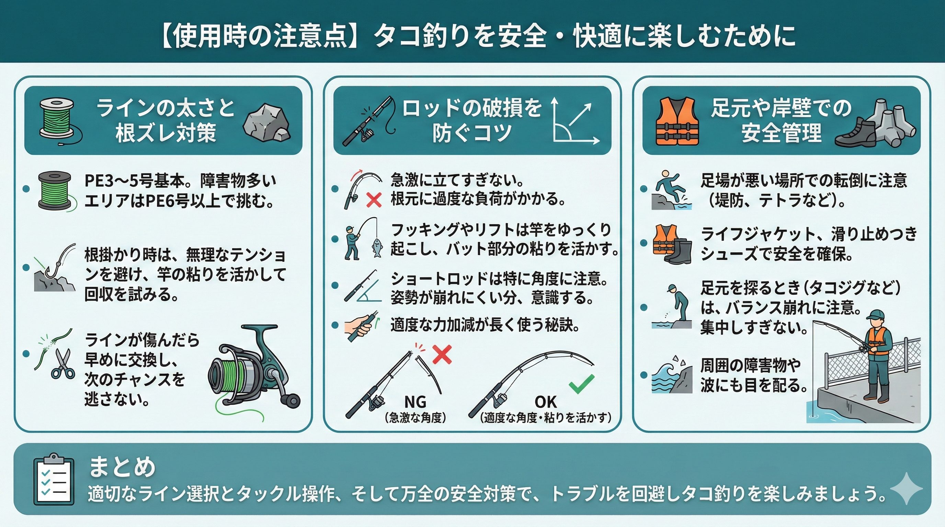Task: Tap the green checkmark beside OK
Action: (x=581, y=383)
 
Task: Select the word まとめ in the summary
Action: (x=123, y=467)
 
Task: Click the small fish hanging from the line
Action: (x=376, y=248)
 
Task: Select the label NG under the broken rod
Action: (x=415, y=402)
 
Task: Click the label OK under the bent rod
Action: (x=546, y=402)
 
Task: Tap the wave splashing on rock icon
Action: (x=672, y=374)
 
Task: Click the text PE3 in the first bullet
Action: (x=96, y=180)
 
